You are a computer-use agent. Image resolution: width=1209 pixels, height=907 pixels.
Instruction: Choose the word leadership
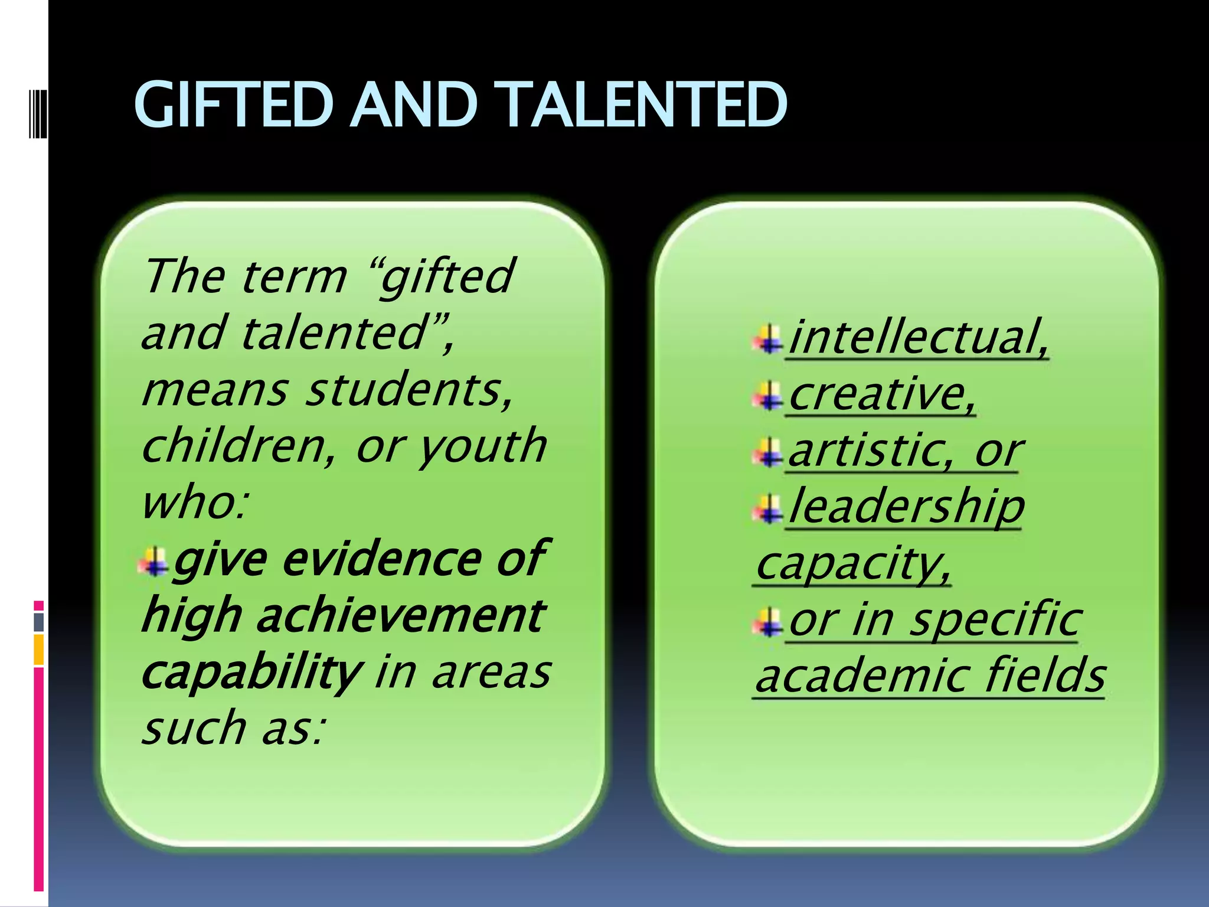(x=906, y=507)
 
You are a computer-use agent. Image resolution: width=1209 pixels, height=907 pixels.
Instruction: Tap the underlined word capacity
(x=852, y=563)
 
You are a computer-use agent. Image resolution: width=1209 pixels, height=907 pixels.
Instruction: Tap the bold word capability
(x=250, y=673)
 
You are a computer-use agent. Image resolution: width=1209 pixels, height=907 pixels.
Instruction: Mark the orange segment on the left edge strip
(x=39, y=650)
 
